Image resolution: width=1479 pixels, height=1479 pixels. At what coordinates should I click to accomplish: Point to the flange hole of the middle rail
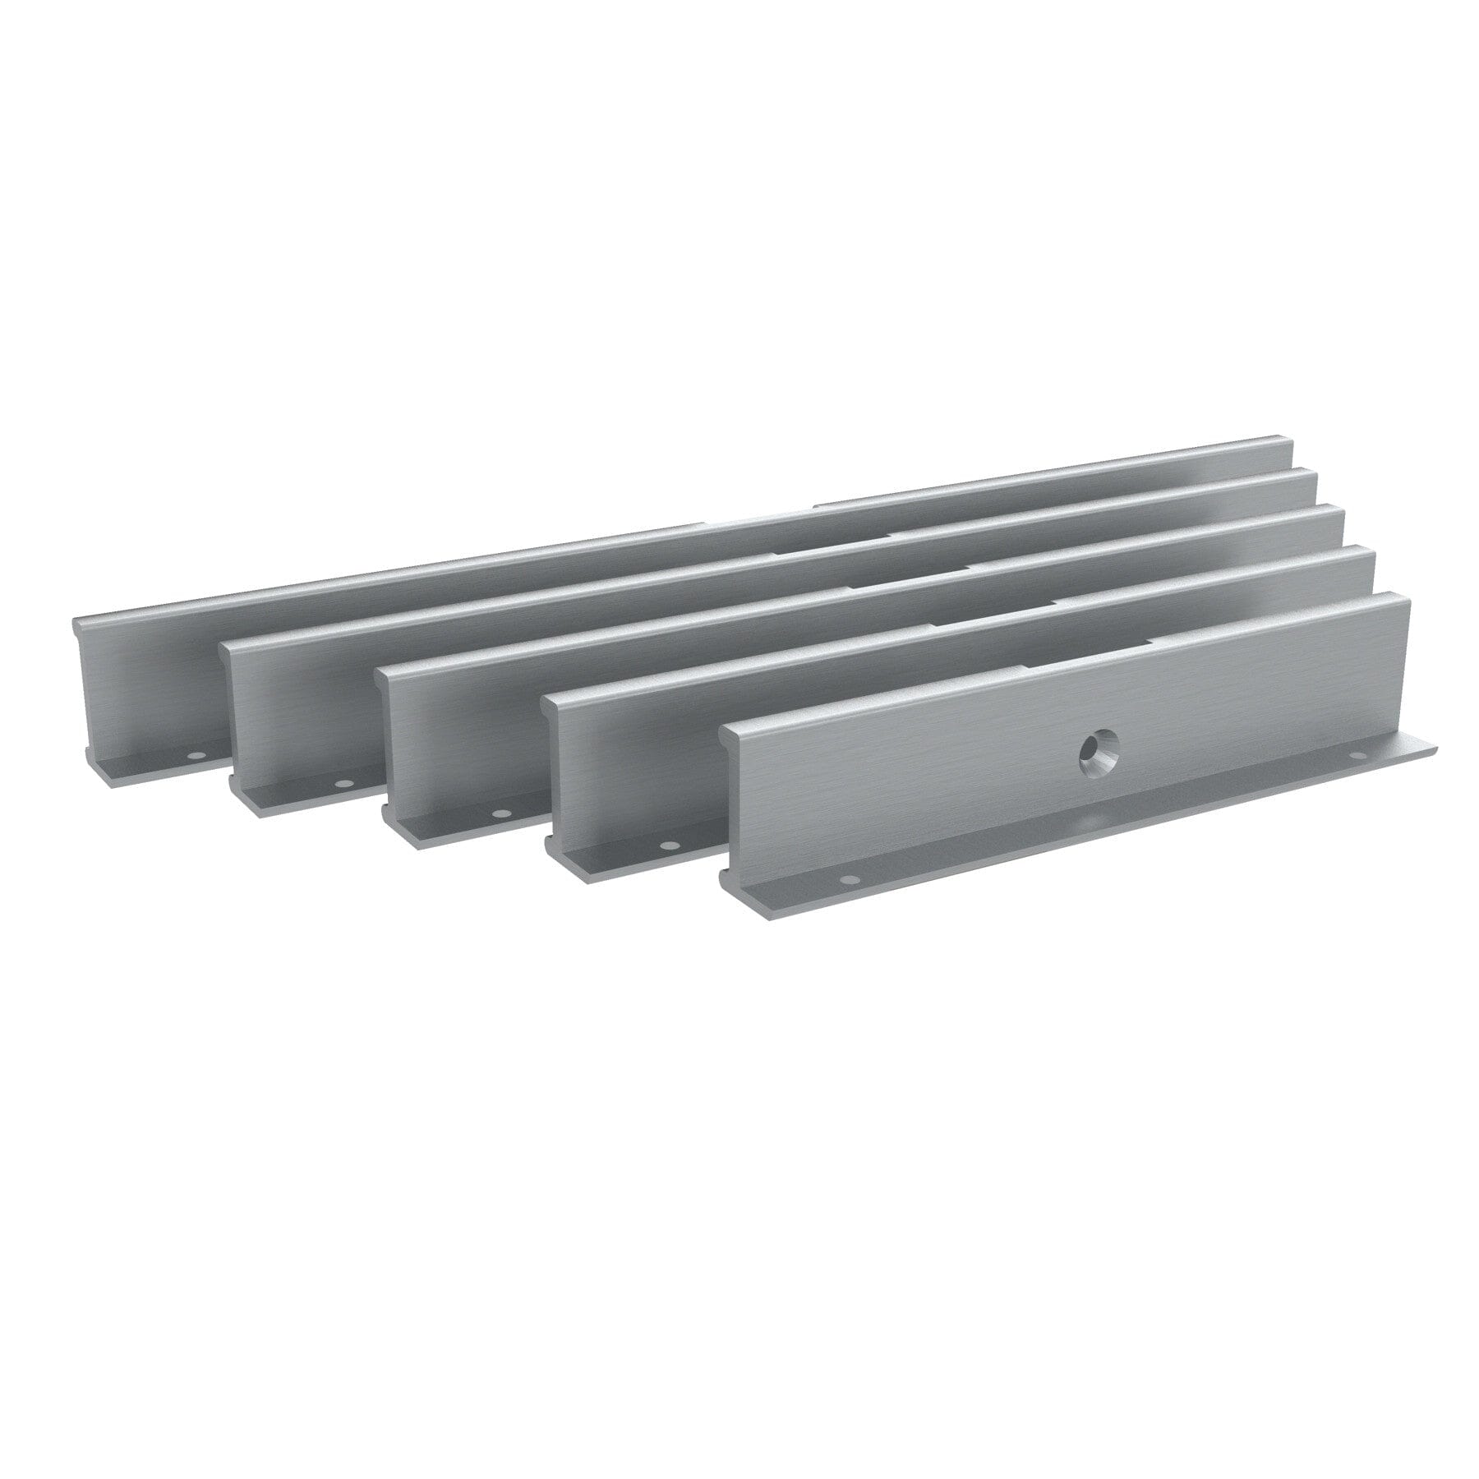click(498, 813)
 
